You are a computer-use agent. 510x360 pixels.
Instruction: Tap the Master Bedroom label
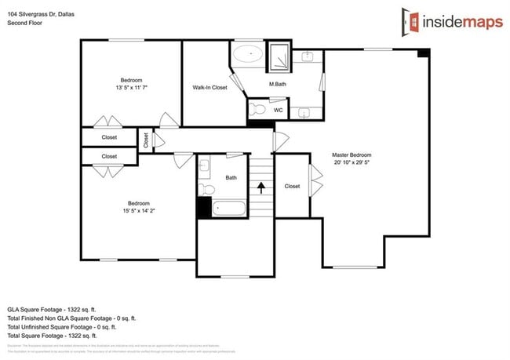(x=351, y=155)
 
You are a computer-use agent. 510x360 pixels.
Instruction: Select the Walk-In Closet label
(x=209, y=88)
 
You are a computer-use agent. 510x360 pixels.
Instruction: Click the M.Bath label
(x=276, y=84)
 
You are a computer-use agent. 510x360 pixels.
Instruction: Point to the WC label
(x=278, y=111)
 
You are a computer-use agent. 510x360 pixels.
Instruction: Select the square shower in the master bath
(x=279, y=57)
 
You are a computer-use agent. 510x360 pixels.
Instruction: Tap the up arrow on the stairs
(x=260, y=188)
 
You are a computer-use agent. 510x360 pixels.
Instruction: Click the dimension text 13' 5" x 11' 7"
(x=131, y=88)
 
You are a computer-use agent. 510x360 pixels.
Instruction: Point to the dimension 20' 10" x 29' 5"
(x=351, y=163)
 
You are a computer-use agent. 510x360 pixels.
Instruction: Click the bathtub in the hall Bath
(x=228, y=209)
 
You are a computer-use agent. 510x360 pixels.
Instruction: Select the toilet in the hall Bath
(x=206, y=189)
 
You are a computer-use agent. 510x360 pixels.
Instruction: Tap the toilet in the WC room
(x=257, y=109)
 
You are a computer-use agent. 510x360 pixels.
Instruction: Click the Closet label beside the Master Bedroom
(x=292, y=187)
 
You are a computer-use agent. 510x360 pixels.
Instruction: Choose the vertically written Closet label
(x=146, y=140)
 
